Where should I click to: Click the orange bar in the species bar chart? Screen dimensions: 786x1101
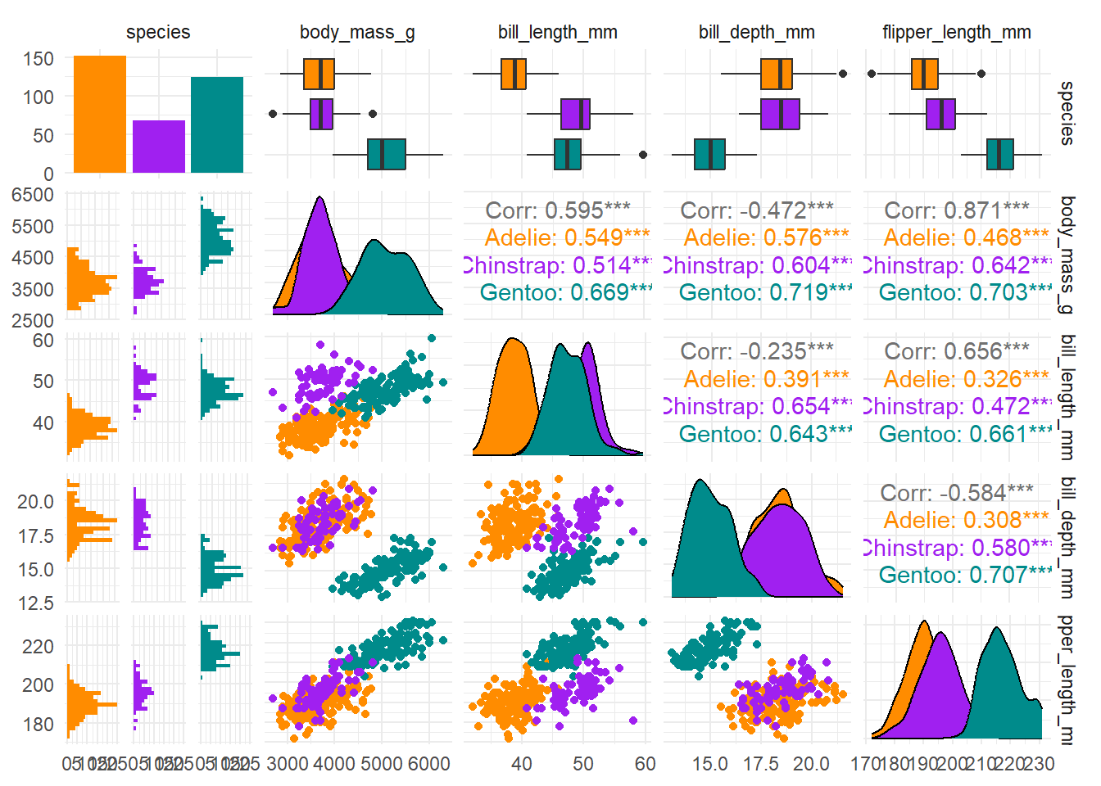(100, 114)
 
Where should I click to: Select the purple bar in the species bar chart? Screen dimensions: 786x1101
(159, 147)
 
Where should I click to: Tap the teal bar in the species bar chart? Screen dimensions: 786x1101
(217, 124)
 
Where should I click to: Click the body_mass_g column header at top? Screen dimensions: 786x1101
(357, 33)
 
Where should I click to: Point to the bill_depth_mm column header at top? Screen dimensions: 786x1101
(756, 33)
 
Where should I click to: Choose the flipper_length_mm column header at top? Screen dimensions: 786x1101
(956, 33)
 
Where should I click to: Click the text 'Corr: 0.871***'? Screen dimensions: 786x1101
(957, 210)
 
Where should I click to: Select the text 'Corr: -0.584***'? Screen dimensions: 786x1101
(957, 493)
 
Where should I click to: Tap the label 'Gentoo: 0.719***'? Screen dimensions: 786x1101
(764, 292)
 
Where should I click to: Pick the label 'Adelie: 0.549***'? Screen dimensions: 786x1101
(567, 237)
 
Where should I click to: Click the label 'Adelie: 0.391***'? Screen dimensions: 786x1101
(767, 379)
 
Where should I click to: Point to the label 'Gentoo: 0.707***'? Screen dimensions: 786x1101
(964, 575)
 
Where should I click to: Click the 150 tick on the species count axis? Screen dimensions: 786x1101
(39, 59)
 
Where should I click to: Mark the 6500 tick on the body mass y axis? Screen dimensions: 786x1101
(33, 195)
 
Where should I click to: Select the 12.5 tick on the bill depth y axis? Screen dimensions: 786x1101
(37, 603)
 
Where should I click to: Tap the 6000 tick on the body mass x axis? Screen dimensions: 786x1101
(428, 764)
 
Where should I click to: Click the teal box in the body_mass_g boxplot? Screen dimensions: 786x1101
(387, 154)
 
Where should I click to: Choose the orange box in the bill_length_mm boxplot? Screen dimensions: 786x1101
(514, 74)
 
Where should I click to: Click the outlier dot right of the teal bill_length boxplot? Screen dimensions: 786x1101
(643, 154)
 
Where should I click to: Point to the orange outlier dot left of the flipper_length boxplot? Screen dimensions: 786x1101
(872, 74)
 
